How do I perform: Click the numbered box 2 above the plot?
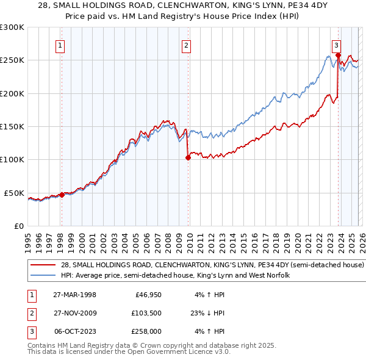point(186,45)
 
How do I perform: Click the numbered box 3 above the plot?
point(335,45)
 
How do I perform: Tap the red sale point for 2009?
point(188,157)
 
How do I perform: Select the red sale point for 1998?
point(62,195)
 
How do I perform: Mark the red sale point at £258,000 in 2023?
point(338,55)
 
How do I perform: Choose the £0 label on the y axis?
point(18,226)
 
